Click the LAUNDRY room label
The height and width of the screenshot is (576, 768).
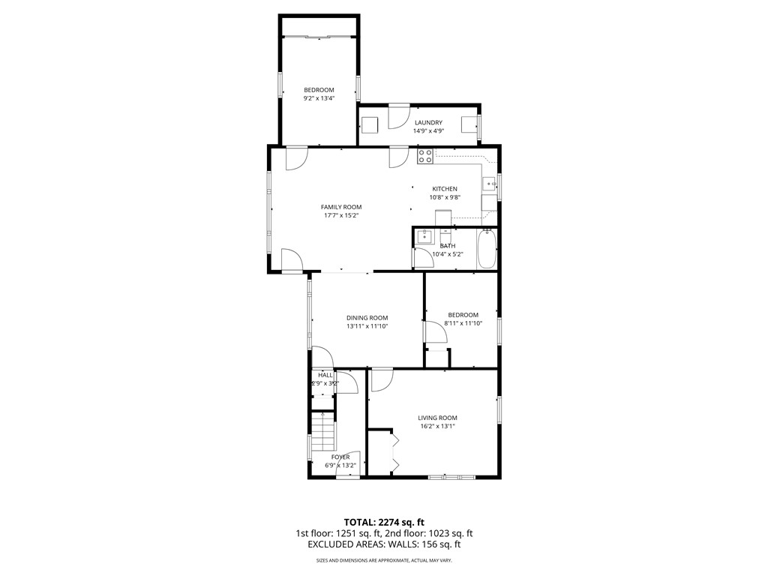pyautogui.click(x=428, y=122)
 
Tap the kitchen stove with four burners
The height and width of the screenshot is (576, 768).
pyautogui.click(x=424, y=156)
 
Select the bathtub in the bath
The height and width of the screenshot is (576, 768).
pyautogui.click(x=486, y=248)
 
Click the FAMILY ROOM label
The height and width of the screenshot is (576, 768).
pyautogui.click(x=341, y=207)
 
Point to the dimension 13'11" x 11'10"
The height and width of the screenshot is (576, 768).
pyautogui.click(x=367, y=326)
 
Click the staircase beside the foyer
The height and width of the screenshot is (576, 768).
pyautogui.click(x=322, y=434)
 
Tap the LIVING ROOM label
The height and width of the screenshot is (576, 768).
pyautogui.click(x=437, y=418)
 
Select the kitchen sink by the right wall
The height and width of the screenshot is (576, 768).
pyautogui.click(x=490, y=183)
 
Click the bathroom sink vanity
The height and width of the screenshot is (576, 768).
pyautogui.click(x=424, y=238)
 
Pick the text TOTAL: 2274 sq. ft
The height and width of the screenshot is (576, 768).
pyautogui.click(x=384, y=522)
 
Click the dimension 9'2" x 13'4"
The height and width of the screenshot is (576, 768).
pyautogui.click(x=319, y=98)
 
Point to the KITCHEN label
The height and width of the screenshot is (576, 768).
pyautogui.click(x=444, y=189)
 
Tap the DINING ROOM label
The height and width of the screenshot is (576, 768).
pyautogui.click(x=367, y=317)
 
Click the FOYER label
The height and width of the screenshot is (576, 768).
pyautogui.click(x=340, y=457)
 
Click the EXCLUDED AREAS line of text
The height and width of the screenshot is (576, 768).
pyautogui.click(x=384, y=545)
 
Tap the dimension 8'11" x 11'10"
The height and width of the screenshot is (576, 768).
pyautogui.click(x=463, y=323)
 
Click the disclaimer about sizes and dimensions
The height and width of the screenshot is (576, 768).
pyautogui.click(x=384, y=560)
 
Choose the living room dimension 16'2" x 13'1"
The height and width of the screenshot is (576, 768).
pyautogui.click(x=437, y=426)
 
